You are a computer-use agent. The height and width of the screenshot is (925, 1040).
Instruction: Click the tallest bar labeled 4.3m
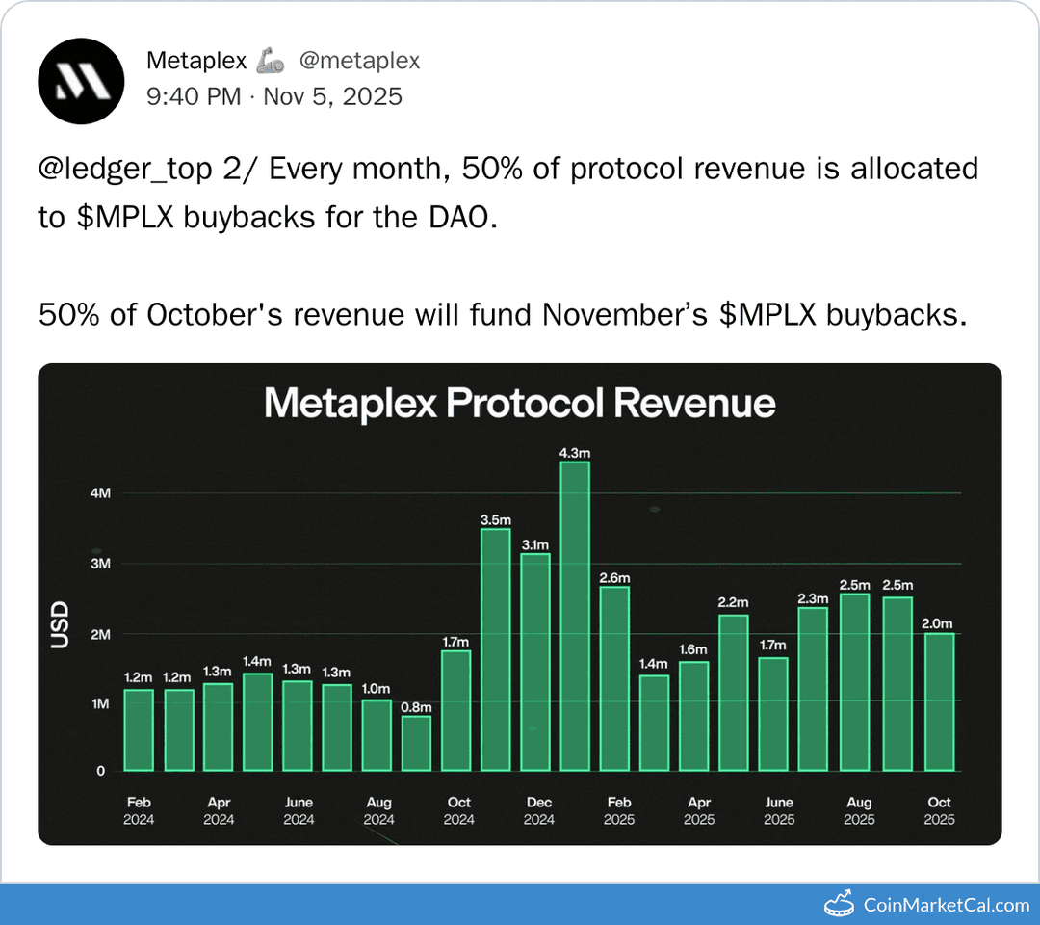575,617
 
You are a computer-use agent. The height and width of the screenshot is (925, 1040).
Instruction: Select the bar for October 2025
939,701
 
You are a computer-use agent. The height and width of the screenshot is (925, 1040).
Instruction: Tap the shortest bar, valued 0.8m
416,743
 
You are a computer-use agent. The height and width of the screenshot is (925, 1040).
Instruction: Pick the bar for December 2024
535,662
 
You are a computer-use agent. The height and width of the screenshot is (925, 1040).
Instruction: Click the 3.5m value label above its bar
495,520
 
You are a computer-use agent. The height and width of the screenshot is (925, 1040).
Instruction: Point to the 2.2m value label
733,602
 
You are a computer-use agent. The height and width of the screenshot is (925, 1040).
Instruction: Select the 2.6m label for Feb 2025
614,578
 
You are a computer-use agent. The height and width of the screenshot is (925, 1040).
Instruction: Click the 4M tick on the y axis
101,493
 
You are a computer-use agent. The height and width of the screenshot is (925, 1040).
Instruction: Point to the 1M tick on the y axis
101,704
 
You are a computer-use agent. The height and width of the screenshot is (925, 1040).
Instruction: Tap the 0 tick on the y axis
100,772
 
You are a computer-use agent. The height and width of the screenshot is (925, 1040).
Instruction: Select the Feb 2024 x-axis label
139,810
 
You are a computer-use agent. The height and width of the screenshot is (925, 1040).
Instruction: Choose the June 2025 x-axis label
779,810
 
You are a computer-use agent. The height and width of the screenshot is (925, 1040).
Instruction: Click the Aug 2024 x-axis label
378,810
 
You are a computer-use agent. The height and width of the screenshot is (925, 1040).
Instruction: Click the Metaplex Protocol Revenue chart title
519,403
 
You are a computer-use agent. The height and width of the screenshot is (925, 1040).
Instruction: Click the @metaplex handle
359,61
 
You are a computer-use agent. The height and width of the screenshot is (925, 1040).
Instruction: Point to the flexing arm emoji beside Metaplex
271,62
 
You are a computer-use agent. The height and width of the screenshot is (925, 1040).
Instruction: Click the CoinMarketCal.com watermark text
946,905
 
